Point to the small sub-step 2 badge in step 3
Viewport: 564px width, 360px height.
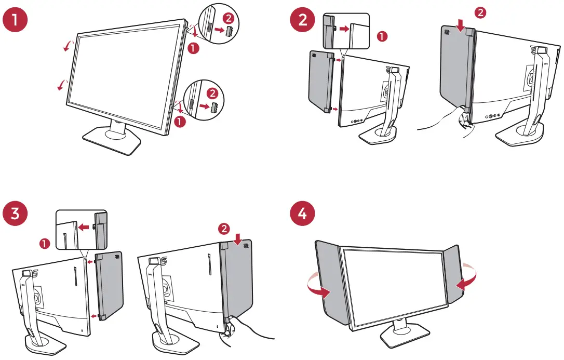coord(224,228)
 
